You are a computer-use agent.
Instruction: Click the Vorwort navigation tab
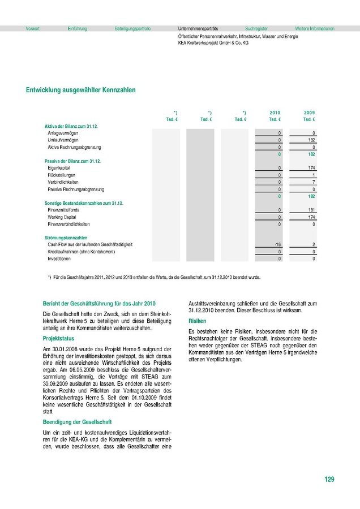tap(33, 28)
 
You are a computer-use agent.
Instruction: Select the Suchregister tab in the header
tap(256, 28)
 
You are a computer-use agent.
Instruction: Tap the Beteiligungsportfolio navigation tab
tap(132, 28)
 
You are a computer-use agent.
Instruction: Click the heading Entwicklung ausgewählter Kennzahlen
tap(81, 89)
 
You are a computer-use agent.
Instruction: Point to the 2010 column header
tap(275, 113)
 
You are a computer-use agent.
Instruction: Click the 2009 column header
tap(309, 113)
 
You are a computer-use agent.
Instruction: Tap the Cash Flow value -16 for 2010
tap(277, 244)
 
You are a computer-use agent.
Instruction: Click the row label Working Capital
tap(63, 217)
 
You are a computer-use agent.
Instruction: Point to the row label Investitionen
tap(59, 258)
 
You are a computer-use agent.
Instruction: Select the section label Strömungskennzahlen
tap(66, 238)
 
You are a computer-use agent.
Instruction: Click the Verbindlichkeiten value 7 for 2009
tap(313, 182)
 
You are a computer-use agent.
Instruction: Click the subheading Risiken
tap(198, 321)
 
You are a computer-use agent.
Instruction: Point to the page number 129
tap(329, 480)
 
